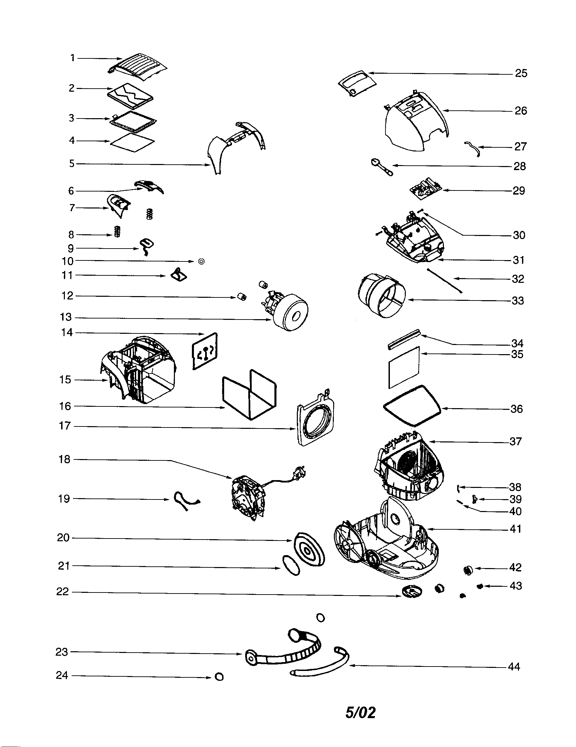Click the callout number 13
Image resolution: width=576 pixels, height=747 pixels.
click(x=66, y=317)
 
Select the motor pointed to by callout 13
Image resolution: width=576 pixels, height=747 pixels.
click(x=289, y=311)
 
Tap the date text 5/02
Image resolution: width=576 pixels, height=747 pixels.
click(x=361, y=712)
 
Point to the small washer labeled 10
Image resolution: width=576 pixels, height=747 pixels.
click(x=201, y=262)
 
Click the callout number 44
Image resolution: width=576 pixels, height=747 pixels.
click(x=514, y=666)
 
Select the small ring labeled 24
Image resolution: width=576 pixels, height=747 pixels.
click(x=219, y=676)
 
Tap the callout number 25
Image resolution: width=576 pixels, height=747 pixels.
click(x=521, y=73)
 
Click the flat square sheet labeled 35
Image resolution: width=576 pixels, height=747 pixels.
click(x=404, y=367)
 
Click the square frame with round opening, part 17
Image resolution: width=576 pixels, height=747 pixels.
click(x=316, y=419)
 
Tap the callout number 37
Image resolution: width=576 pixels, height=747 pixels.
click(x=515, y=441)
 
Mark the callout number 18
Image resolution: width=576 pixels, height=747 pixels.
click(x=64, y=459)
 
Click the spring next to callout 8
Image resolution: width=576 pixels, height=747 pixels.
click(x=117, y=232)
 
